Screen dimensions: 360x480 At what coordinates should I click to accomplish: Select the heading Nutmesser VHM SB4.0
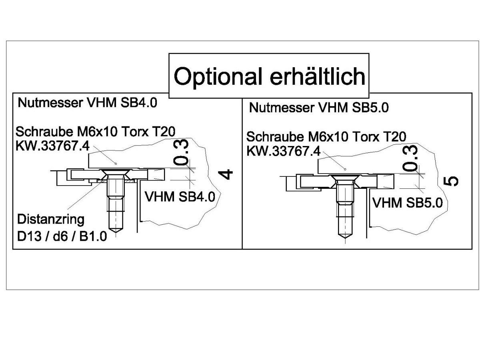(x=87, y=103)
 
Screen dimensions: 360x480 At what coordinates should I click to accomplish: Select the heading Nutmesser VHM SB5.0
(x=319, y=108)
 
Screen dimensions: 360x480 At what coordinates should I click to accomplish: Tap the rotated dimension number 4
(x=227, y=174)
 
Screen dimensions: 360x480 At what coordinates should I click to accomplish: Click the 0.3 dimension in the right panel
(x=412, y=158)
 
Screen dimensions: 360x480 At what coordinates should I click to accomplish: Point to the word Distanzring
(x=51, y=219)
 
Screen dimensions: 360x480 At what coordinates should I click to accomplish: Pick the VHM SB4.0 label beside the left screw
(x=180, y=197)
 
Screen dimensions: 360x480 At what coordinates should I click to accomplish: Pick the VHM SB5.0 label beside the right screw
(x=407, y=203)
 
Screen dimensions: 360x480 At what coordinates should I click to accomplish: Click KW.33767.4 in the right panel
(x=284, y=151)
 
